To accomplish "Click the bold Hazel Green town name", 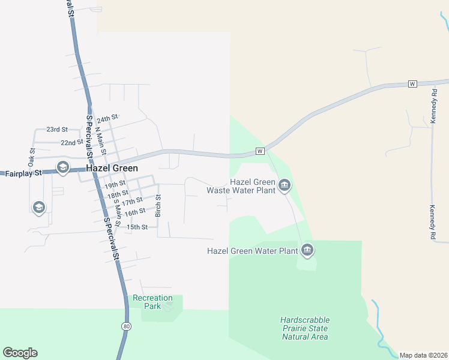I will [x=112, y=169].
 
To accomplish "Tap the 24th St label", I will [x=108, y=119].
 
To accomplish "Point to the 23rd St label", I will [x=58, y=129].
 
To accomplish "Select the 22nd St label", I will [x=72, y=142].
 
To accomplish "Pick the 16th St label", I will [x=135, y=211].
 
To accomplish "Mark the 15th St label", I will [x=137, y=227].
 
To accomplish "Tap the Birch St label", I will [x=159, y=206].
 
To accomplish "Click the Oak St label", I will [x=31, y=158].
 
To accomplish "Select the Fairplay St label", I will [x=23, y=173].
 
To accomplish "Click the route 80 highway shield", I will [x=125, y=326].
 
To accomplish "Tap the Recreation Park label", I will [x=152, y=302].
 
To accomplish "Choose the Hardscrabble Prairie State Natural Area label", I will [x=305, y=328].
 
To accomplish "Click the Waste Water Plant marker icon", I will [x=285, y=185].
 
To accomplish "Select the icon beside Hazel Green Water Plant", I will [x=307, y=250].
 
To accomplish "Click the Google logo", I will [x=20, y=353].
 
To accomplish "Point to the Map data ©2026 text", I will [x=423, y=355].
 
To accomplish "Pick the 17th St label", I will [x=132, y=201].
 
